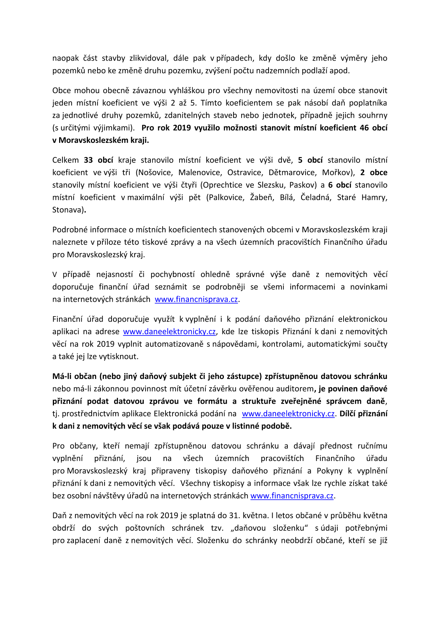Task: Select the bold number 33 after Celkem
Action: coord(88,160)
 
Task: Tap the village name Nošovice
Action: coord(156,172)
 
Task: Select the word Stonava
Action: coord(68,210)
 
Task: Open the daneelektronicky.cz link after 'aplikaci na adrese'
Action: coord(169,332)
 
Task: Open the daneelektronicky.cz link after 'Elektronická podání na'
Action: coord(288,414)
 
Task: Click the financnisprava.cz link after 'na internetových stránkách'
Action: coord(196,299)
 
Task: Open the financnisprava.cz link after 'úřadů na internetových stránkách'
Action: coord(292,496)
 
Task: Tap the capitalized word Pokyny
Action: coord(330,471)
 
